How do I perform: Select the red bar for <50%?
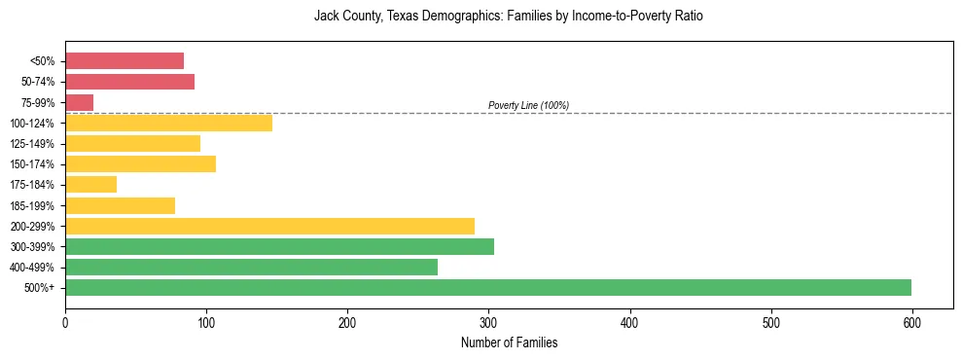point(125,61)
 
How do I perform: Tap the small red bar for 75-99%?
point(79,102)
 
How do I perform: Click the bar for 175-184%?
point(90,184)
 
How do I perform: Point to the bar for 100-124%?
point(168,123)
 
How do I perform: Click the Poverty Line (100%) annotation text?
point(528,105)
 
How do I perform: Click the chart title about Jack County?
point(508,17)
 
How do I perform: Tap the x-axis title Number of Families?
point(509,342)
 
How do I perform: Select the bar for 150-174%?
point(140,163)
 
